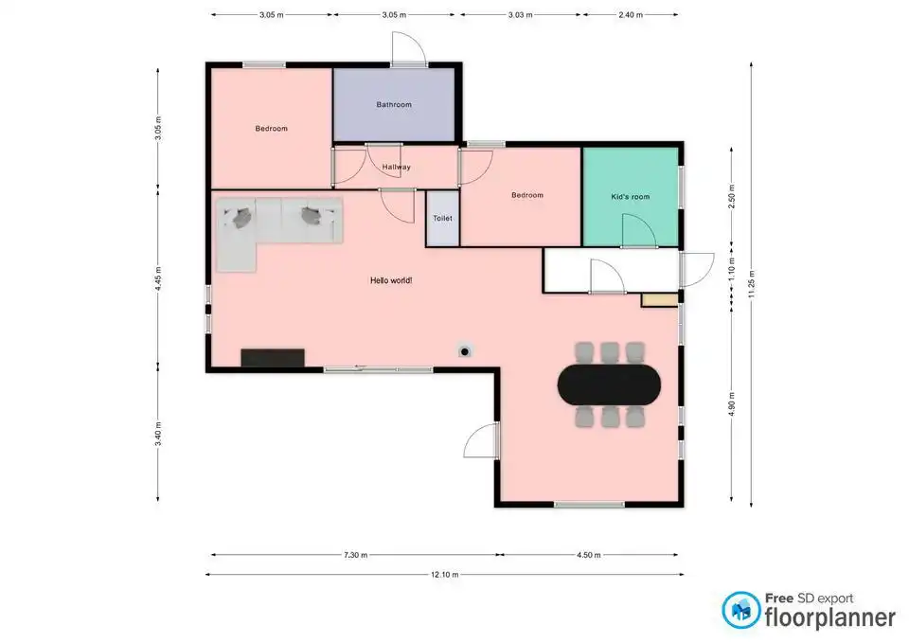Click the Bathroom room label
point(394,105)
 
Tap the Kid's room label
point(631,197)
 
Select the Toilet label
point(442,219)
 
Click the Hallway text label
point(397,167)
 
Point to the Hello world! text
point(391,280)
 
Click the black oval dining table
point(609,384)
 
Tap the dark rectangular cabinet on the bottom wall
point(273,358)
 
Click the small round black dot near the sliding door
point(464,351)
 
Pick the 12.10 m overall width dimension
point(445,575)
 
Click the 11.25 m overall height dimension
point(751,284)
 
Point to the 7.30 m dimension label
point(355,555)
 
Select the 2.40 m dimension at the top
point(631,14)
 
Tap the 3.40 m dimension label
point(158,435)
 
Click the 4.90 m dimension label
point(732,404)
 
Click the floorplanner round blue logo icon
point(740,610)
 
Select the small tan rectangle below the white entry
point(660,300)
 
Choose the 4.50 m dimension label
point(588,555)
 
